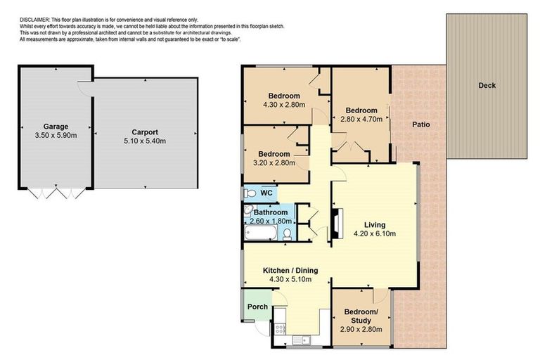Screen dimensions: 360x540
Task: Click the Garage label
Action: (54, 127)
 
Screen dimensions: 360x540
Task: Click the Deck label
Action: (487, 86)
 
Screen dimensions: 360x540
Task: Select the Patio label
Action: (421, 124)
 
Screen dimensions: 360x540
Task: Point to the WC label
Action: (266, 193)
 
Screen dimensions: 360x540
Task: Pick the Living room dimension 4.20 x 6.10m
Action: (374, 234)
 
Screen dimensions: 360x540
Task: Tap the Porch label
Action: (257, 306)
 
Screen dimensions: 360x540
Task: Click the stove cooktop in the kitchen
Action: (279, 328)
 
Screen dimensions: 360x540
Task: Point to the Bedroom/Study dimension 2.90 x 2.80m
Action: (361, 328)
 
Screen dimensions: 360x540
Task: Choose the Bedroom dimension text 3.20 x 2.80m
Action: (274, 163)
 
